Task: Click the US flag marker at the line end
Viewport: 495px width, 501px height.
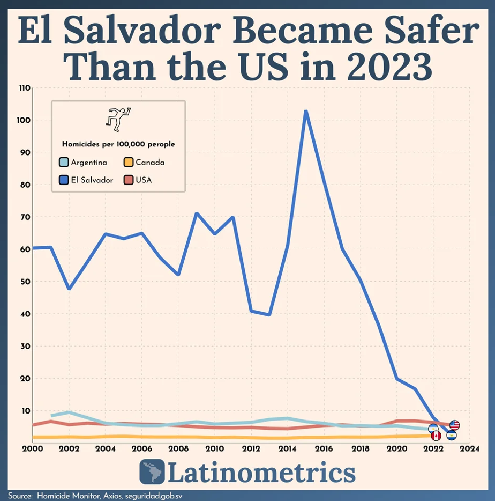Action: click(x=454, y=425)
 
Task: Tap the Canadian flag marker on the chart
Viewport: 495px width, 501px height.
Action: click(x=436, y=436)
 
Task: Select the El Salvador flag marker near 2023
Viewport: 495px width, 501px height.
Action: click(x=452, y=435)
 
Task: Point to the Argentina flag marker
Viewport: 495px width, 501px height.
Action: click(x=433, y=429)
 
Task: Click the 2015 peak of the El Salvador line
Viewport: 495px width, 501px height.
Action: click(x=305, y=111)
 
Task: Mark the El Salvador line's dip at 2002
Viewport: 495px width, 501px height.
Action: click(x=69, y=289)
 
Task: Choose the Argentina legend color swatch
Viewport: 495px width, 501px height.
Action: click(x=64, y=163)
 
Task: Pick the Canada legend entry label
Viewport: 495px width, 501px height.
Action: click(x=150, y=163)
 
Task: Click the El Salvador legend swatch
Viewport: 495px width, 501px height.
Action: click(x=64, y=180)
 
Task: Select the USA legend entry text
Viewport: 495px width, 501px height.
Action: click(x=144, y=180)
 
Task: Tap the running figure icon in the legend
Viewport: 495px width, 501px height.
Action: click(x=118, y=120)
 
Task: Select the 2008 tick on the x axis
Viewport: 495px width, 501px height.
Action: click(x=178, y=448)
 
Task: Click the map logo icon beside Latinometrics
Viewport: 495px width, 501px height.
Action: click(x=152, y=472)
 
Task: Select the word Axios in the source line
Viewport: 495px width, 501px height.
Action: click(x=110, y=496)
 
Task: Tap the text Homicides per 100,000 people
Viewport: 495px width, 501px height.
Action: click(x=118, y=144)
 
